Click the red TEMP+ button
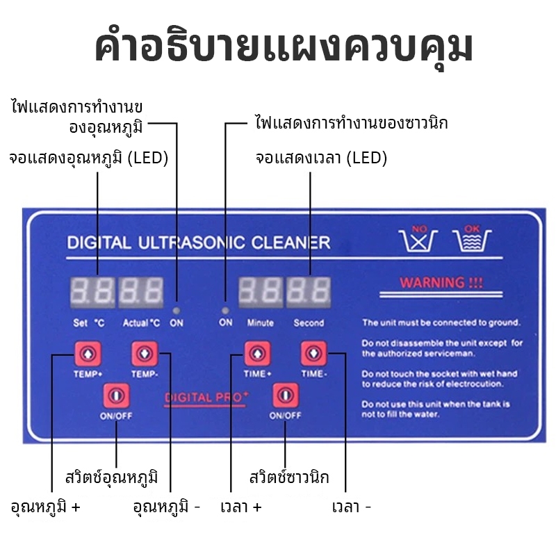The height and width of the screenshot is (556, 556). [88, 354]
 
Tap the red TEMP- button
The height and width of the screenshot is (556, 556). [145, 354]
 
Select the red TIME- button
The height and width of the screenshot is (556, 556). [314, 353]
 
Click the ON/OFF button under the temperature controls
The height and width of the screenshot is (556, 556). [116, 395]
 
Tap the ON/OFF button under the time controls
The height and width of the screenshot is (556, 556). [286, 395]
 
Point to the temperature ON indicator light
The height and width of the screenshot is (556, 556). [177, 311]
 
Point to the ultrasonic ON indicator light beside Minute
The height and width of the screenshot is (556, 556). [225, 311]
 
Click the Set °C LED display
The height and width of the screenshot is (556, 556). [92, 292]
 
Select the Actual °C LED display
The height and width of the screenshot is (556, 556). [141, 292]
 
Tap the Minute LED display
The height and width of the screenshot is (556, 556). [261, 292]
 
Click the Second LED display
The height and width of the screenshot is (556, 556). [309, 292]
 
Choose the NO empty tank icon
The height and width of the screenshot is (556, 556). [418, 238]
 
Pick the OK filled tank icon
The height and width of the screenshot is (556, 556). [472, 238]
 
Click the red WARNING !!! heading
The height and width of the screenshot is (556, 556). [441, 283]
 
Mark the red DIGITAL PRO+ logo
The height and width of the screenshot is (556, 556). [206, 398]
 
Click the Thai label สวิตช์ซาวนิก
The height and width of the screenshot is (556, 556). [289, 477]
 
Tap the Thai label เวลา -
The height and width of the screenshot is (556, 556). [352, 507]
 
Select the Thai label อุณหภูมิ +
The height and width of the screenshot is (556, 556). [45, 507]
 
